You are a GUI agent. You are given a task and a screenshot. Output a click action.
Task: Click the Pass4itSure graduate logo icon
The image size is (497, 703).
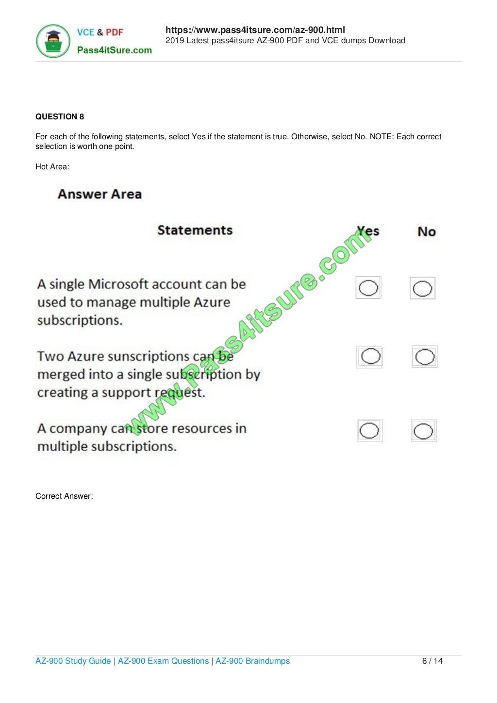[x=53, y=41]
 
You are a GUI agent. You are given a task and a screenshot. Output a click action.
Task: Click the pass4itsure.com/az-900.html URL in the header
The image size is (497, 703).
[x=255, y=30]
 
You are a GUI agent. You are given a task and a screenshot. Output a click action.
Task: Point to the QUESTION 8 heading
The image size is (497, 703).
[x=60, y=116]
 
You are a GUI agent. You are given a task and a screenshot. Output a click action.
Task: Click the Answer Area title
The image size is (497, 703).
[x=99, y=194]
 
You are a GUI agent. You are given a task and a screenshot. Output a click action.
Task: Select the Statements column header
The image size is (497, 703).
[x=195, y=230]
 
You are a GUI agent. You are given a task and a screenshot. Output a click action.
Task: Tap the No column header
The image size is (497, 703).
[x=426, y=232]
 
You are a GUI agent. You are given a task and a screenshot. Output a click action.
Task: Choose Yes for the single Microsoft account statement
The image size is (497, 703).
[x=368, y=288]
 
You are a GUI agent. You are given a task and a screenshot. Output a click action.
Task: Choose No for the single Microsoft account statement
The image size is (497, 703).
[x=422, y=289]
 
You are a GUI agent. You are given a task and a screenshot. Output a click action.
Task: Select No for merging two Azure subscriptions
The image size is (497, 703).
[x=425, y=357]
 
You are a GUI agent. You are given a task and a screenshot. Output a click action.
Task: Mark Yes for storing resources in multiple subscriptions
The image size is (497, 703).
[x=369, y=430]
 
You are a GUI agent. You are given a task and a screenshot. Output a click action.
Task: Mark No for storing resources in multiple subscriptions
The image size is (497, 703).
[x=423, y=431]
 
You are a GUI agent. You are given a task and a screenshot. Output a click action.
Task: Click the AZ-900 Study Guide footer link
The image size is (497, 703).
[x=73, y=661]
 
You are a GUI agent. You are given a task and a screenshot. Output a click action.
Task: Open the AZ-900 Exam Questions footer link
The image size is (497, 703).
[x=163, y=661]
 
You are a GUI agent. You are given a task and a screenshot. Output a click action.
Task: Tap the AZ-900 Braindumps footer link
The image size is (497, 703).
[x=252, y=661]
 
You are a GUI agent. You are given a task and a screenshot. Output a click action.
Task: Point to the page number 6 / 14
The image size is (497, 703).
[x=432, y=661]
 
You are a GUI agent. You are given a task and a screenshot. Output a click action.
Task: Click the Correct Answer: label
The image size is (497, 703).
[x=64, y=496]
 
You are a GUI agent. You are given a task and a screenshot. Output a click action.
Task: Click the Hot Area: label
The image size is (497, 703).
[x=52, y=166]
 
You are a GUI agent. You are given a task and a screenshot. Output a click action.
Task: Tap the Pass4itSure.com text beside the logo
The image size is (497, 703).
[x=115, y=50]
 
